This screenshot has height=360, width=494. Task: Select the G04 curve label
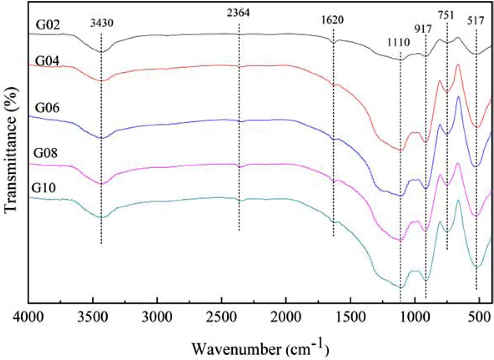[x=46, y=60]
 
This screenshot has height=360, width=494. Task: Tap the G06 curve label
[x=46, y=108]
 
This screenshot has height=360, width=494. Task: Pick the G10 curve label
[x=44, y=188]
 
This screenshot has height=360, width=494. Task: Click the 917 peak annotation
[x=426, y=29]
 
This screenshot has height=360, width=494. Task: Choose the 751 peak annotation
[x=446, y=15]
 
